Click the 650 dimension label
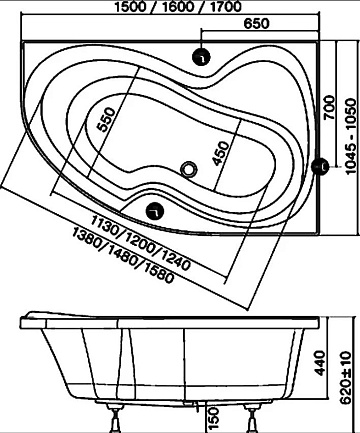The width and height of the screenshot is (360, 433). [256, 23]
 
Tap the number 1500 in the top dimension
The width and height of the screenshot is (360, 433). [130, 6]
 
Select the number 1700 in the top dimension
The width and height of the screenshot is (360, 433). [226, 6]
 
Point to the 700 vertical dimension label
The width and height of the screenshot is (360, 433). [329, 108]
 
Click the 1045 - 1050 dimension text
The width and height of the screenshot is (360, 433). [351, 136]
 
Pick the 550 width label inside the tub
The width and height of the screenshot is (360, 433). [107, 119]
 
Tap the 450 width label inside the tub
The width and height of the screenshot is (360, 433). [221, 154]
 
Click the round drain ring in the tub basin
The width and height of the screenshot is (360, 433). [189, 169]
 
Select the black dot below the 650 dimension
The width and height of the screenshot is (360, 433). [202, 57]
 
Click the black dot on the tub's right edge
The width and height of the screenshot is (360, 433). [321, 166]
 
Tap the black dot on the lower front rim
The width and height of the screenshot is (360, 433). [155, 211]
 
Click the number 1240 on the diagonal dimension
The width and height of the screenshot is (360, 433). [175, 259]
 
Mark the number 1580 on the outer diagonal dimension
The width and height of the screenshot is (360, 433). [158, 272]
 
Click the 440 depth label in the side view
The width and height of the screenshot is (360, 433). [320, 363]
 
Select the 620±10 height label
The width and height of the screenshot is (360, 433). [347, 377]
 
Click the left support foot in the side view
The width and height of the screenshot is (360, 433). [114, 419]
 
